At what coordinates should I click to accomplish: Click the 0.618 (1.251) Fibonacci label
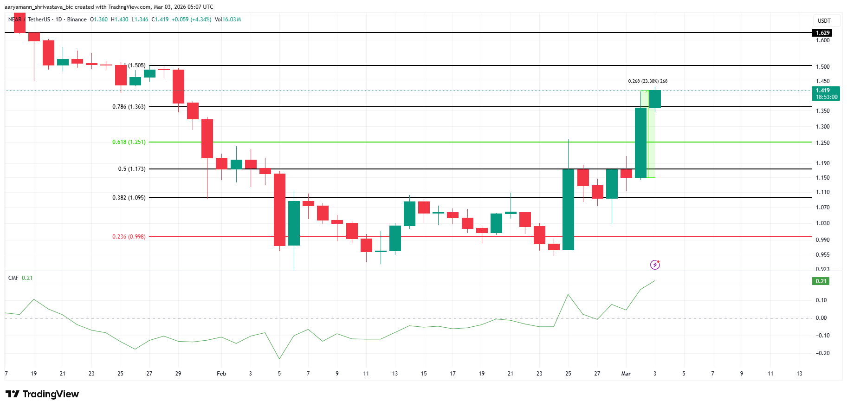[129, 142]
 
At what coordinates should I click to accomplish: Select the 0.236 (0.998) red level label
[129, 237]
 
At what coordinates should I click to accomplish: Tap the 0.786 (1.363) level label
[129, 107]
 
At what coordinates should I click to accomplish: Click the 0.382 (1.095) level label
[129, 198]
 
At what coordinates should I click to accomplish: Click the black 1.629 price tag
[822, 33]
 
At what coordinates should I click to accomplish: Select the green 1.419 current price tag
[826, 93]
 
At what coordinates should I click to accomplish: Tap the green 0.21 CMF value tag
[821, 281]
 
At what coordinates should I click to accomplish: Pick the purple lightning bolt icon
[655, 265]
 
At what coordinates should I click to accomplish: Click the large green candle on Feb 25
[568, 209]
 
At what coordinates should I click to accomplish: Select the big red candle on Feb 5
[279, 209]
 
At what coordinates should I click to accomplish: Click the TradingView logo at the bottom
[42, 394]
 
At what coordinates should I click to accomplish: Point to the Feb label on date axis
[221, 374]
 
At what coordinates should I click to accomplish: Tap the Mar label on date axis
[626, 374]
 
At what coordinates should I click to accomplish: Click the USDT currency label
[824, 21]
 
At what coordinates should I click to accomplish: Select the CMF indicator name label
[13, 278]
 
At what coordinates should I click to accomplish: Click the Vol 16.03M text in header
[228, 19]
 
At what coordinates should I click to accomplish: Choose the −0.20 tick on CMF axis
[822, 353]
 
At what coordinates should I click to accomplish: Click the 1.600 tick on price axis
[822, 40]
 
